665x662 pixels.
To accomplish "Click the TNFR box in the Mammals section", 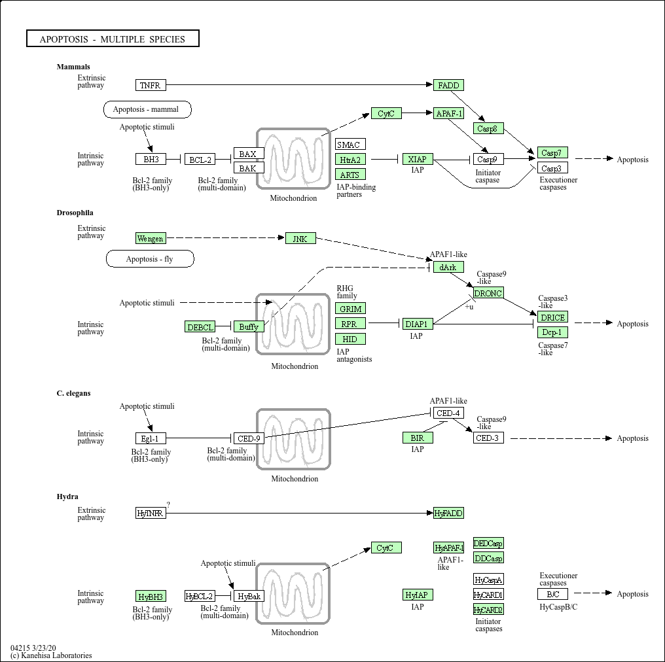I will point(151,85).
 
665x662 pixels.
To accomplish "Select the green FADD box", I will point(448,85).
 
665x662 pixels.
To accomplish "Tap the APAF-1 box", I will point(448,113).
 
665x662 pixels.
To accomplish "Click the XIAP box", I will point(417,159).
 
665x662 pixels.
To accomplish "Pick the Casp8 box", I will point(488,128).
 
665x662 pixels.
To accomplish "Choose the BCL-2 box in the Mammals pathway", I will point(200,159).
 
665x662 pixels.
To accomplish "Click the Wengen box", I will point(151,238).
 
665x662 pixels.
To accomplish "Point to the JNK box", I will point(300,238).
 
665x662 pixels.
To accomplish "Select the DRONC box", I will point(488,293).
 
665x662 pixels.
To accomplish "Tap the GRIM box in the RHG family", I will point(350,308).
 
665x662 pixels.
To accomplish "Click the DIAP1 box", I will point(417,323).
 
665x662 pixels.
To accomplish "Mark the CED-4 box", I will point(448,413).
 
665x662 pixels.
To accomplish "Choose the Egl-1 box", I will point(151,438).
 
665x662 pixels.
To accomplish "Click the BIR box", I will point(417,438).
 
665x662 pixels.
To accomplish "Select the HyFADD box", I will point(448,513).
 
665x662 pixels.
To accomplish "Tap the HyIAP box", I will point(417,595).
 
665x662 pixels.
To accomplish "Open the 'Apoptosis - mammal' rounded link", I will point(147,109).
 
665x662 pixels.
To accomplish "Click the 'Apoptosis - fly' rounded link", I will point(150,259).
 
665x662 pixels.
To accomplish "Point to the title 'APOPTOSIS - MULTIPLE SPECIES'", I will point(113,39).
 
